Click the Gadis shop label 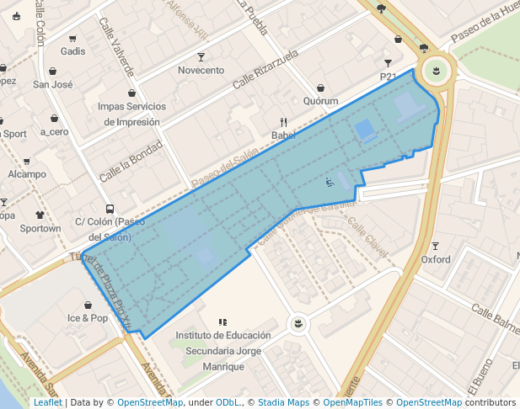point(73,52)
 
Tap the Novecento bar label point(201,71)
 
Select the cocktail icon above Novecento point(201,57)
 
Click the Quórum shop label point(320,102)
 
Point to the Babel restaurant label point(283,135)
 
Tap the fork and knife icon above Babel point(283,122)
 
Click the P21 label point(389,77)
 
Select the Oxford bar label point(436,260)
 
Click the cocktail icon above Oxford point(436,247)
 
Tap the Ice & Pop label point(88,318)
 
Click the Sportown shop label point(40,229)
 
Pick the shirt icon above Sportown point(40,215)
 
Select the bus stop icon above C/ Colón point(110,209)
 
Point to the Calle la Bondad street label point(131,162)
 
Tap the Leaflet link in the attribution point(47,402)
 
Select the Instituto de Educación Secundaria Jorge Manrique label point(222,351)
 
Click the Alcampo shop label point(27,174)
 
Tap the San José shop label point(52,85)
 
